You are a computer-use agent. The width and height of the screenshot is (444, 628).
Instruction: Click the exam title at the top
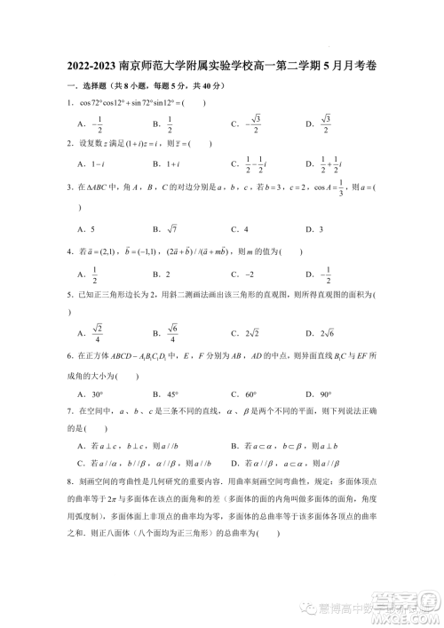[222, 68]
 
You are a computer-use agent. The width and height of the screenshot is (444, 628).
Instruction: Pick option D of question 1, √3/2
[319, 123]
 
